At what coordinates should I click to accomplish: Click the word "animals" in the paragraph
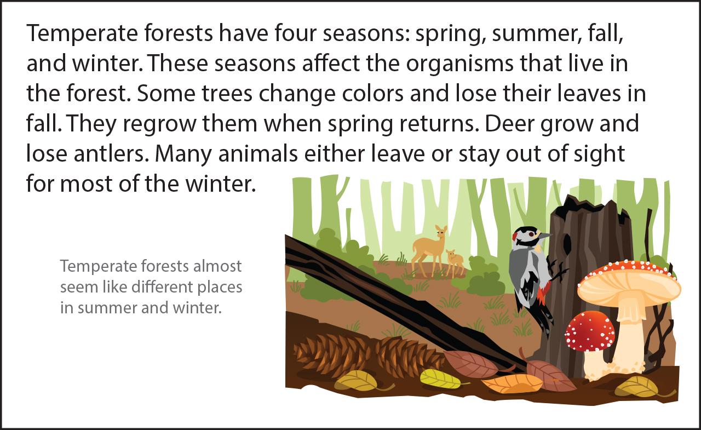pyautogui.click(x=258, y=154)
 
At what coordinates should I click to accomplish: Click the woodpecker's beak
pyautogui.click(x=545, y=236)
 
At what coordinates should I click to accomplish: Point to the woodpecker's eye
pyautogui.click(x=531, y=234)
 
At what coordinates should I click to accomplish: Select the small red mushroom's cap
pyautogui.click(x=590, y=331)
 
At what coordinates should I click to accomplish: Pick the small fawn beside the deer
pyautogui.click(x=455, y=263)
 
